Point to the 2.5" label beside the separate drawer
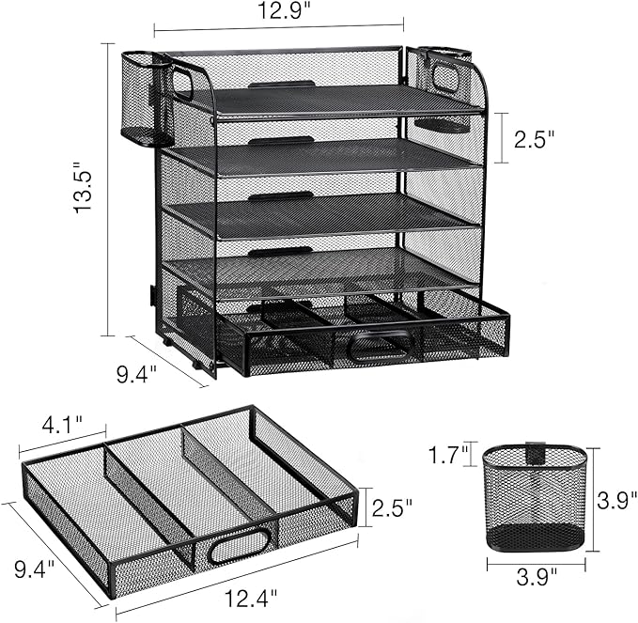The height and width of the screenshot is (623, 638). pyautogui.click(x=392, y=508)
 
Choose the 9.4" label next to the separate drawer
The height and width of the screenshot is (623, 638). pyautogui.click(x=33, y=568)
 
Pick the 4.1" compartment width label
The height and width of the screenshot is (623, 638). pyautogui.click(x=62, y=424)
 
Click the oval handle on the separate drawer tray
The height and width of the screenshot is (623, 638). pyautogui.click(x=239, y=546)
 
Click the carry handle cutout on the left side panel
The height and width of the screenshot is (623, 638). pyautogui.click(x=181, y=82)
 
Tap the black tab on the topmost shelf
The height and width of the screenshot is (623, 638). pyautogui.click(x=281, y=85)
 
